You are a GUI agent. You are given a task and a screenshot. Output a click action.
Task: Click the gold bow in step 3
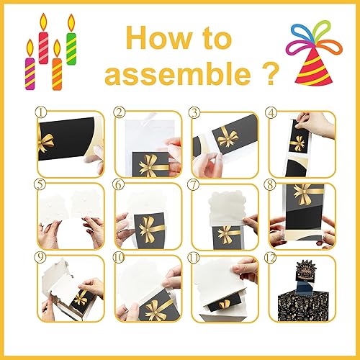click(x=228, y=136)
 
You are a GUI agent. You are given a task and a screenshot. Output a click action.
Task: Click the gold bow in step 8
click(x=302, y=194)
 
